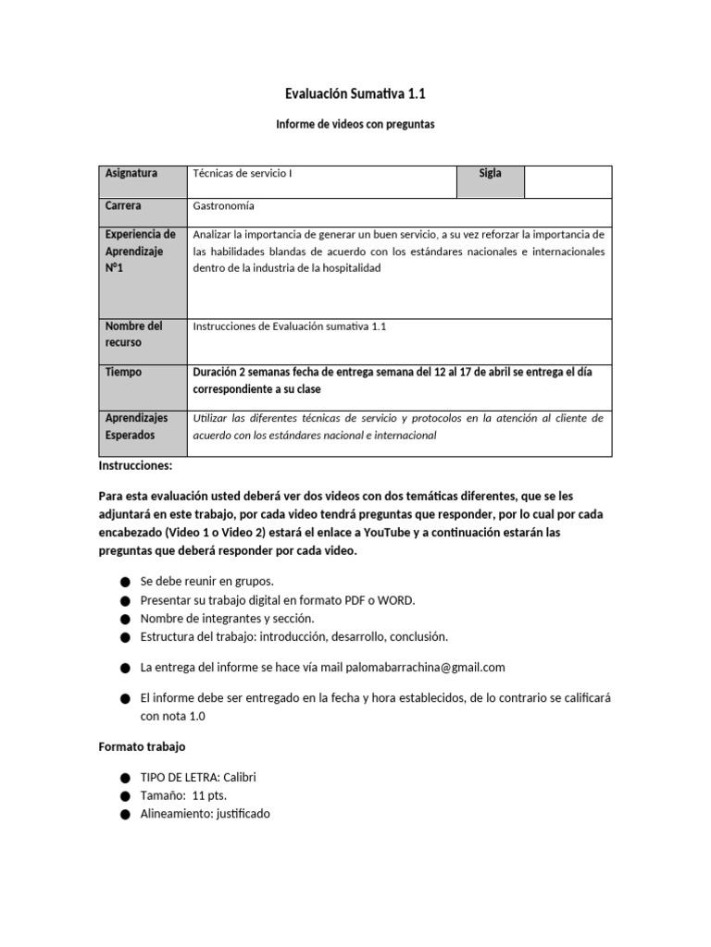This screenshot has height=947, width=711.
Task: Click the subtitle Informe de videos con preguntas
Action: (x=355, y=124)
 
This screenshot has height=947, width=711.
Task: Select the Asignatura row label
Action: (x=131, y=174)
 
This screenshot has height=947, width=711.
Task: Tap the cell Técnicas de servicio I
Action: (x=243, y=174)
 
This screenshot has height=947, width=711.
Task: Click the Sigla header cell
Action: (x=490, y=174)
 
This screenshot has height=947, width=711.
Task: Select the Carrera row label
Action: (x=124, y=206)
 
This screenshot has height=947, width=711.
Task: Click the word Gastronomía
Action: (x=223, y=206)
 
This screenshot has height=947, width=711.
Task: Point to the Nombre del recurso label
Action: (x=134, y=334)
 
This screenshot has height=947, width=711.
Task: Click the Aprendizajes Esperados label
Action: (x=137, y=426)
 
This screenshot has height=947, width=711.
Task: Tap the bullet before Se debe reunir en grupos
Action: (x=125, y=582)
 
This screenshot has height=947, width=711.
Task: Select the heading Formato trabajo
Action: (x=142, y=746)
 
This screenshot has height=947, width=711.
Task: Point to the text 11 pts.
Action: (x=210, y=795)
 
